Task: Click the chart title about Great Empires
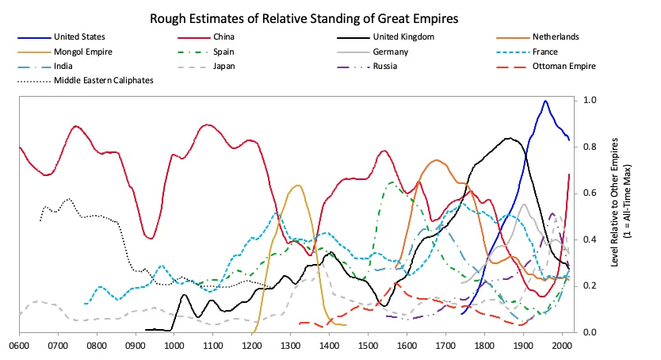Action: [x=330, y=16]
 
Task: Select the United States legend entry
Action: [x=78, y=36]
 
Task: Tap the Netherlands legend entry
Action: [x=556, y=36]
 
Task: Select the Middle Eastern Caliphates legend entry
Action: [x=103, y=80]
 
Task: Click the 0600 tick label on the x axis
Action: [x=19, y=346]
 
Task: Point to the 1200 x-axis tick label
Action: [x=251, y=346]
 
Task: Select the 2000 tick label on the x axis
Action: [x=561, y=346]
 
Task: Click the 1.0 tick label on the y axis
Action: [x=589, y=101]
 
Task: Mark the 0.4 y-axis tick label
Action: [x=589, y=239]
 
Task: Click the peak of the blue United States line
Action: [x=545, y=101]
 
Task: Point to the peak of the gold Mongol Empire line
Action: [x=297, y=186]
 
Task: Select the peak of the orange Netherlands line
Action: [x=436, y=160]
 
